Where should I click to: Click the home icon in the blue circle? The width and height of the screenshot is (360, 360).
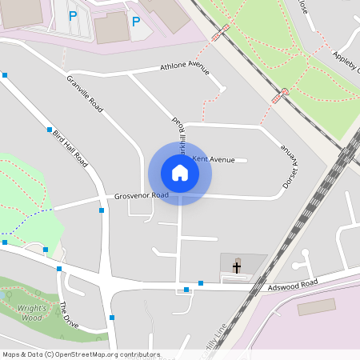coord(180,173)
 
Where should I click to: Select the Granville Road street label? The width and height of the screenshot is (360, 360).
coord(85,94)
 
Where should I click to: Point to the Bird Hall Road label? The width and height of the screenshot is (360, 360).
coord(70,146)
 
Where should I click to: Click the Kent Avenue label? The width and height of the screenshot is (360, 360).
coord(214,160)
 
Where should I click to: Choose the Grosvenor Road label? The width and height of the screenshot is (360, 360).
coord(141,195)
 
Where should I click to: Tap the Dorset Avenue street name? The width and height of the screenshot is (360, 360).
coord(289,167)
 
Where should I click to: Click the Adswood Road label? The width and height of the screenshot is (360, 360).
coord(293,284)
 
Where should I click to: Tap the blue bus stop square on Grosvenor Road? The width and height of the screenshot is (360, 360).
coord(102,210)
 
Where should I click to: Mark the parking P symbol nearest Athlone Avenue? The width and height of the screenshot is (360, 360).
coord(136,22)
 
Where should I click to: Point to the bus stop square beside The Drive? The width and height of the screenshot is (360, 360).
coord(58,269)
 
